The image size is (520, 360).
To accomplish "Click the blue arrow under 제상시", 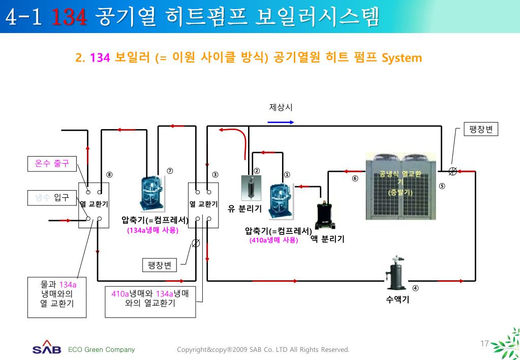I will (x=281, y=122).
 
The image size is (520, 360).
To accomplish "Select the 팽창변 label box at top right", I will (x=481, y=129).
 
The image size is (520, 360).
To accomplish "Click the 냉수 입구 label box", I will (x=48, y=197).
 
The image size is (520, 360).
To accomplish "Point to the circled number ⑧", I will (x=109, y=175).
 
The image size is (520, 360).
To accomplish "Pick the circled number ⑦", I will (x=170, y=170).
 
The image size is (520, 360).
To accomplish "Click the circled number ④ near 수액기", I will (x=415, y=288).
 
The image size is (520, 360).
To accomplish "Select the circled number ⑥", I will (x=355, y=178).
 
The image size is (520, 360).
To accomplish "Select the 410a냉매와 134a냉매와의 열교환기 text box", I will (x=150, y=298).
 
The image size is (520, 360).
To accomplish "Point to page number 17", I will (x=484, y=344).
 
